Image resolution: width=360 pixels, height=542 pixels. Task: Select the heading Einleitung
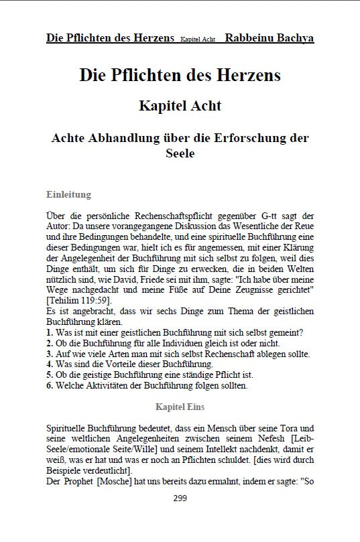[68, 195]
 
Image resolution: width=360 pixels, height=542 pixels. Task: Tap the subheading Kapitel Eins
[180, 407]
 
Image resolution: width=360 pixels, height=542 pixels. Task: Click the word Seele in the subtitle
[180, 153]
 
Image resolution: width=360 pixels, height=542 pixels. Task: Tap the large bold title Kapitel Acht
[180, 106]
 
